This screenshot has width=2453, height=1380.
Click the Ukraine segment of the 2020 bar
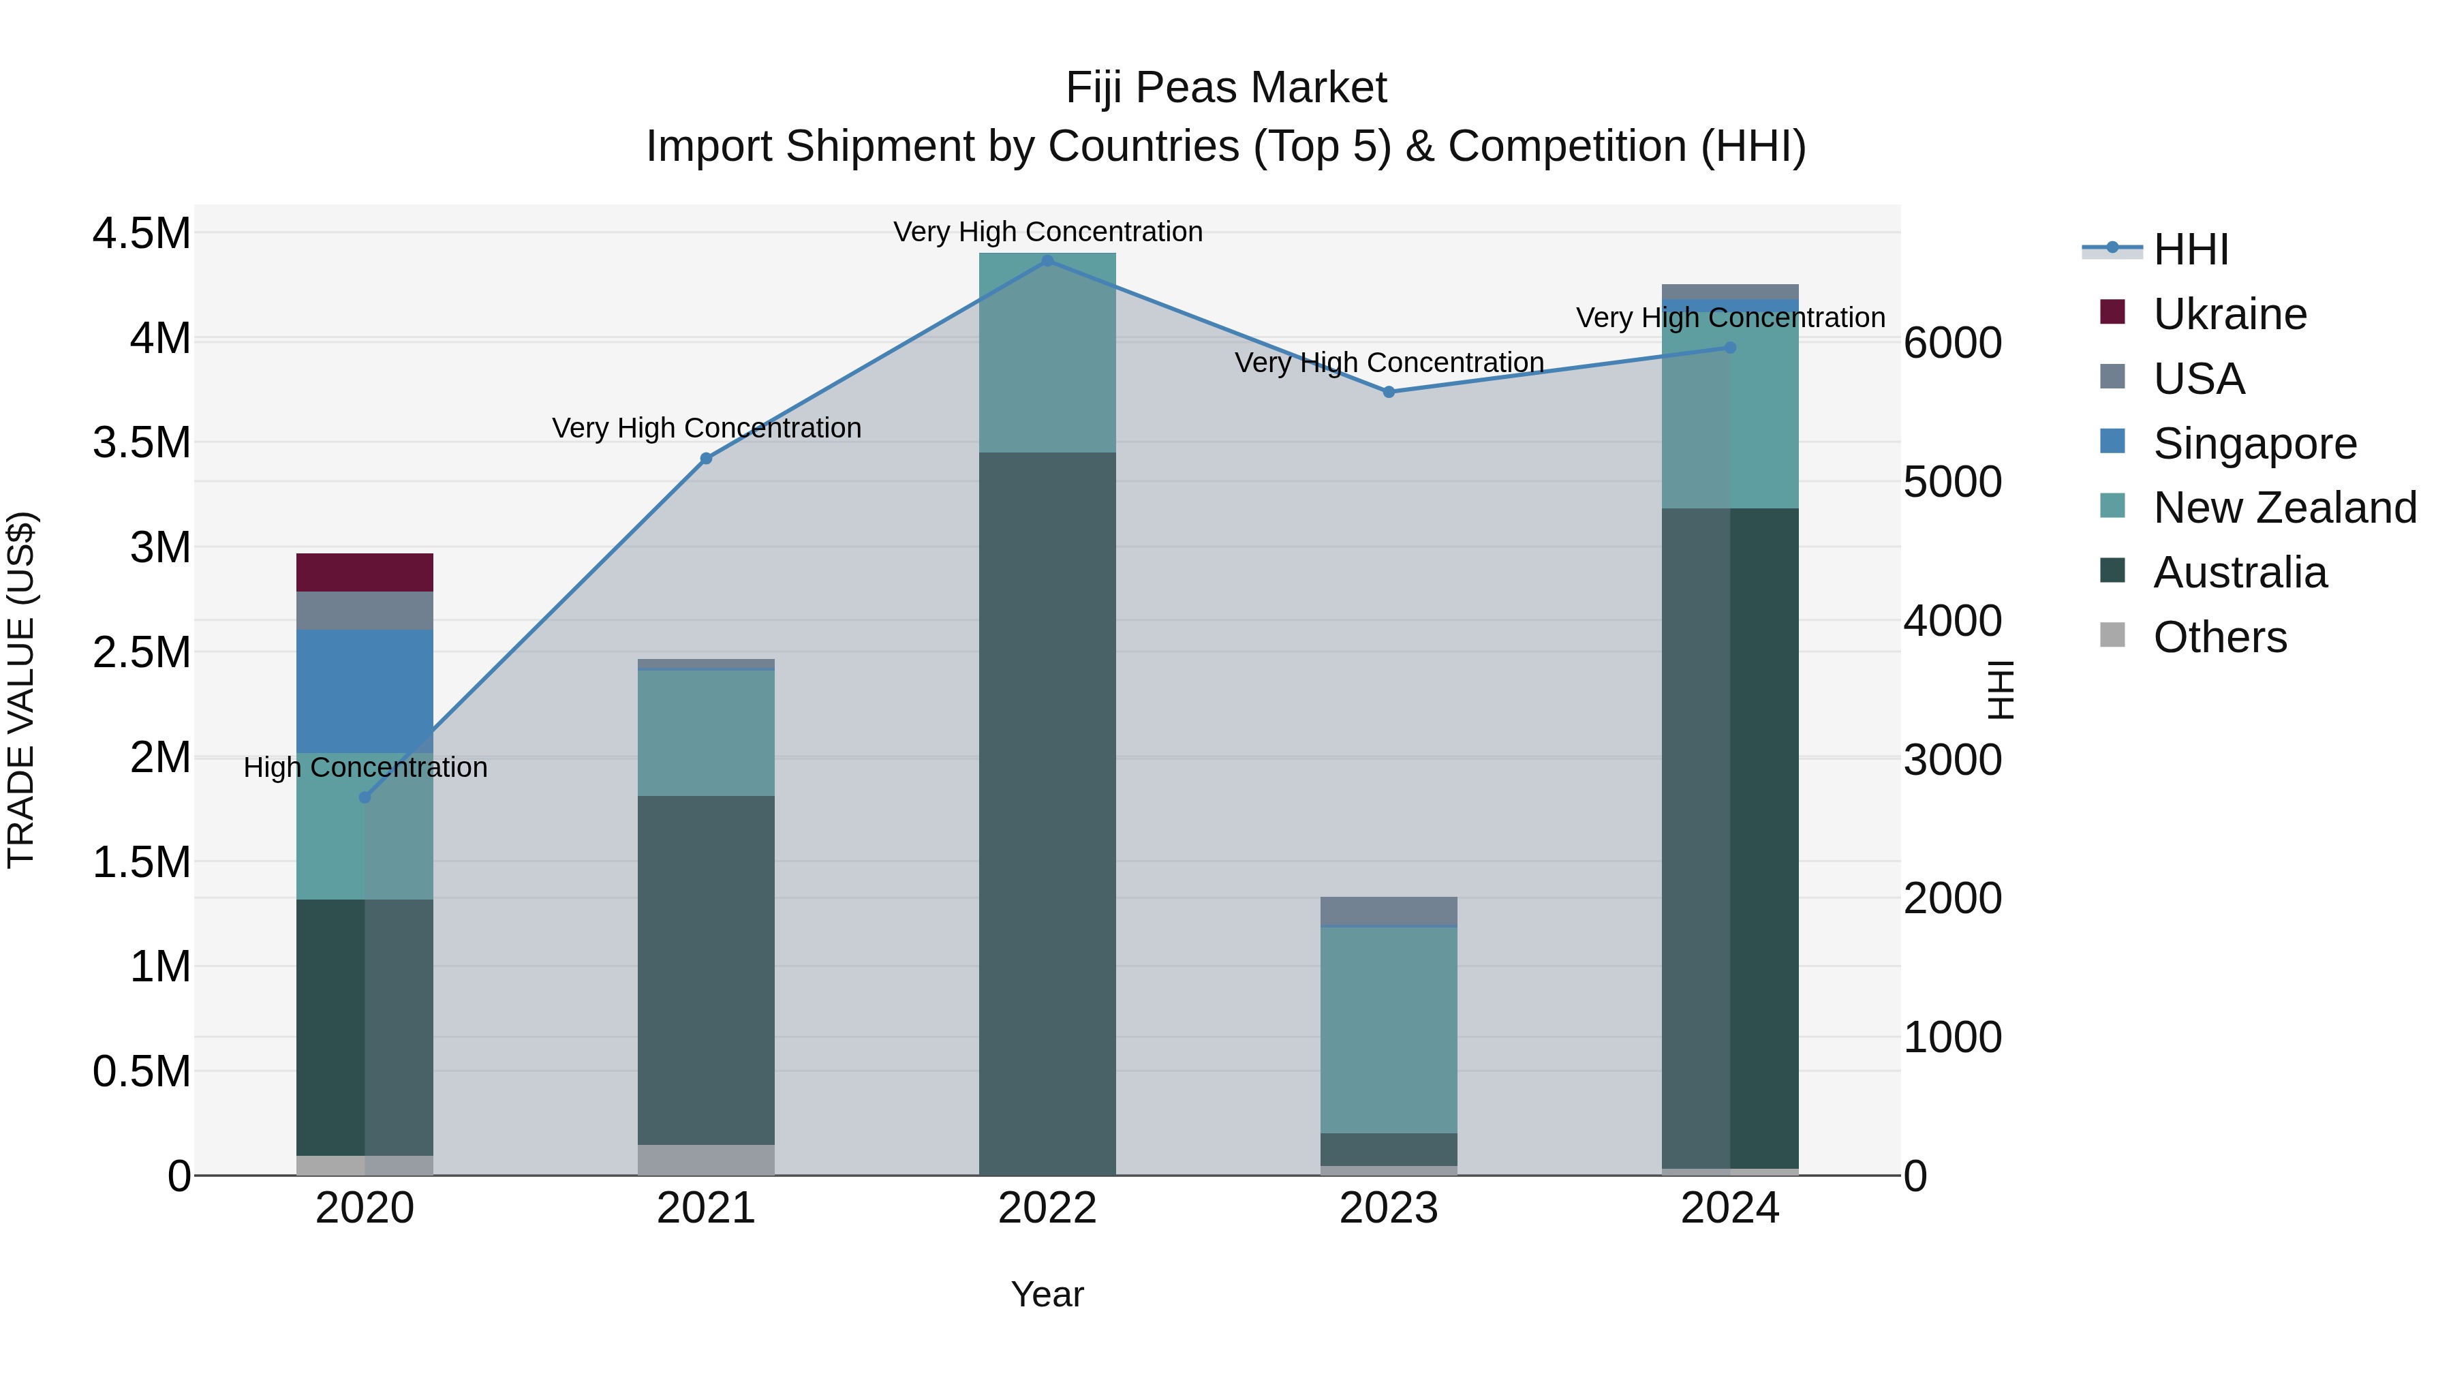pyautogui.click(x=365, y=572)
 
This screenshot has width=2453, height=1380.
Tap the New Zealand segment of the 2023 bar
pyautogui.click(x=1389, y=1028)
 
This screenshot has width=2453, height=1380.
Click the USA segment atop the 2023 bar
pyautogui.click(x=1389, y=910)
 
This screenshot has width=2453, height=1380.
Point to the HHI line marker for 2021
pyautogui.click(x=706, y=458)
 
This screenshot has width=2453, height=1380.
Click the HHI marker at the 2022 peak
pyautogui.click(x=1047, y=260)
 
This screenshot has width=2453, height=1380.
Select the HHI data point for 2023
pyautogui.click(x=1389, y=391)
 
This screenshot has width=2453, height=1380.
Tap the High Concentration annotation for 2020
pyautogui.click(x=365, y=767)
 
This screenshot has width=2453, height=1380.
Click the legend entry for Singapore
pyautogui.click(x=2253, y=443)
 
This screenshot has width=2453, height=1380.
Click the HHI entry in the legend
pyautogui.click(x=2190, y=249)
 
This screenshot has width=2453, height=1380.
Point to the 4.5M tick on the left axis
pyautogui.click(x=141, y=233)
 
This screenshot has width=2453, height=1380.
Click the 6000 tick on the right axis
pyautogui.click(x=1952, y=343)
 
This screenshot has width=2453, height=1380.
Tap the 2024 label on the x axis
pyautogui.click(x=1729, y=1208)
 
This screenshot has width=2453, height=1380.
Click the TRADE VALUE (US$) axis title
pyautogui.click(x=21, y=690)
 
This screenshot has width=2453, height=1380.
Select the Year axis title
pyautogui.click(x=1047, y=1294)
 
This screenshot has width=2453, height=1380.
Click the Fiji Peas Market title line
pyautogui.click(x=1226, y=88)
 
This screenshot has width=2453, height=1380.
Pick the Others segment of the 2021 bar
pyautogui.click(x=706, y=1159)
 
